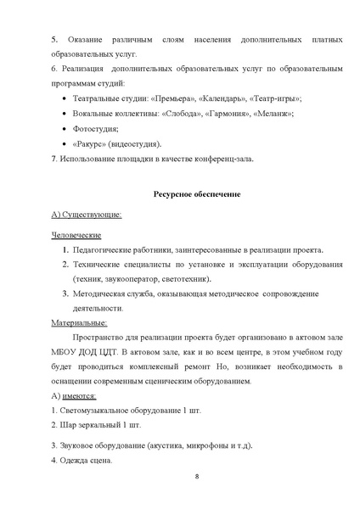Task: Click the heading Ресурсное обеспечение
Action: click(x=196, y=194)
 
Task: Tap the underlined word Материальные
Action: click(x=79, y=322)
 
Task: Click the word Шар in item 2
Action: click(x=70, y=426)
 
